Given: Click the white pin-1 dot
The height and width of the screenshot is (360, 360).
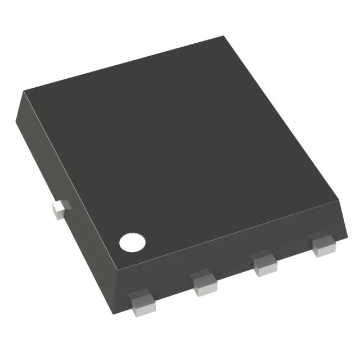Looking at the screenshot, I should pyautogui.click(x=132, y=242).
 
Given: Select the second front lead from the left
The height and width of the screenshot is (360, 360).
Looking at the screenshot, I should pyautogui.click(x=204, y=283).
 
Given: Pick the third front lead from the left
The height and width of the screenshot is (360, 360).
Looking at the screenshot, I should pyautogui.click(x=264, y=265).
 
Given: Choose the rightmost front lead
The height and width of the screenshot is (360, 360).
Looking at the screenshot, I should pyautogui.click(x=322, y=245).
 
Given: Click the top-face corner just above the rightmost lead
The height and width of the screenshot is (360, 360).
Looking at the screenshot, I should pyautogui.click(x=341, y=198).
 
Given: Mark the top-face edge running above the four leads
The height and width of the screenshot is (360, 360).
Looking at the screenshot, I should pyautogui.click(x=225, y=232).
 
